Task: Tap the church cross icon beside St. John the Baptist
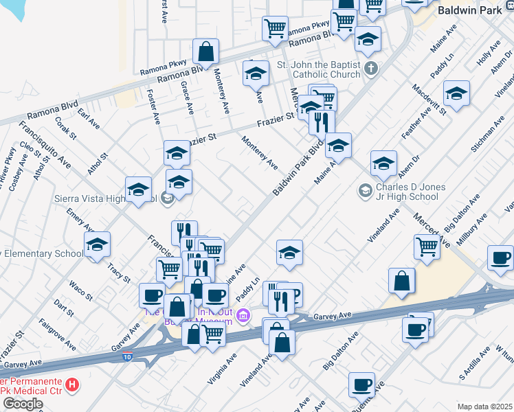[x=371, y=68]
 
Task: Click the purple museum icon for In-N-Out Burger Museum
[x=243, y=315]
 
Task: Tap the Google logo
[x=23, y=404]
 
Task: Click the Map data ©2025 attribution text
[x=485, y=407]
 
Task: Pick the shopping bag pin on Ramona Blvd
[x=205, y=51]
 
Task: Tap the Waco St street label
[x=80, y=290]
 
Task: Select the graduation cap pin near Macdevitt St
[x=456, y=93]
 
